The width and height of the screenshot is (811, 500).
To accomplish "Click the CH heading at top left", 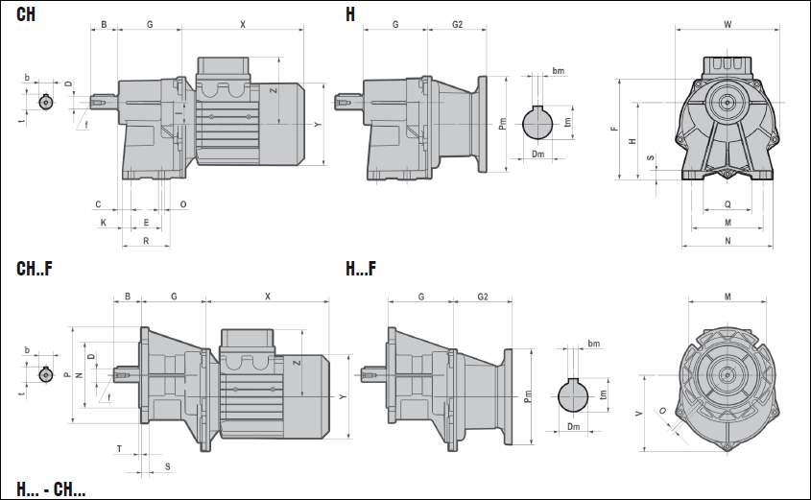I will [28, 13].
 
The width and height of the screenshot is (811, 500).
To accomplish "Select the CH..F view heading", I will [35, 268].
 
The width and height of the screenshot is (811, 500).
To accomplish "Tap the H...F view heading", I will [361, 268].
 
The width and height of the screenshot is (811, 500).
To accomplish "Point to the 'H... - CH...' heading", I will [51, 490].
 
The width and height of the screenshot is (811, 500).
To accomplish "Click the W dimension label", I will [728, 24].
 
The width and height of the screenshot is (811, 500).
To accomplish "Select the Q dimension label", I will [728, 203].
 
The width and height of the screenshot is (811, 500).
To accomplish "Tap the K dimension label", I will [104, 222].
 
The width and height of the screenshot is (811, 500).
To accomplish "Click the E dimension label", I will [146, 222].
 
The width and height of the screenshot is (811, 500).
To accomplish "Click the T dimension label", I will [119, 448].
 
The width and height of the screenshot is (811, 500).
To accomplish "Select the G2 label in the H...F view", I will [484, 297].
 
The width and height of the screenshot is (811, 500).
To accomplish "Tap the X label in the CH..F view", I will [267, 297].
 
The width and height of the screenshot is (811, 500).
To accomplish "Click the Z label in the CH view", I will [274, 91].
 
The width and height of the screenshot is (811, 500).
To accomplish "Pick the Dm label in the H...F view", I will [574, 426].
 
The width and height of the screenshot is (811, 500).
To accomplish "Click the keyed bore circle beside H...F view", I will [574, 394].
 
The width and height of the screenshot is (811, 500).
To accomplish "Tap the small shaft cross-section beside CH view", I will [45, 103].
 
